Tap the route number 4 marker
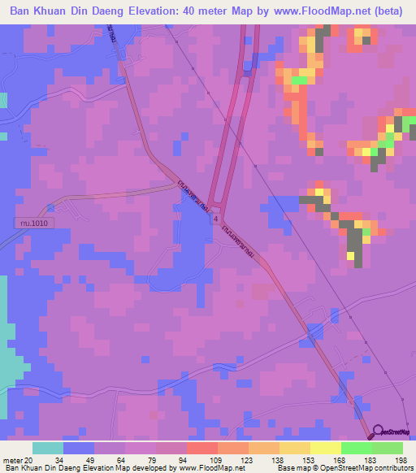tap(216, 219)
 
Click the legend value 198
tap(401, 460)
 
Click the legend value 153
tap(294, 460)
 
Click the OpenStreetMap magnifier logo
tap(379, 432)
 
